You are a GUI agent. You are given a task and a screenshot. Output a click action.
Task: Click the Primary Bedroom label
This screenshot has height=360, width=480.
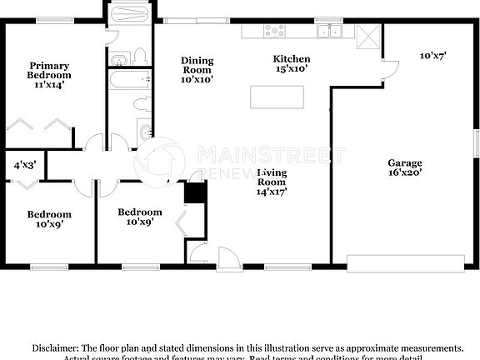49,75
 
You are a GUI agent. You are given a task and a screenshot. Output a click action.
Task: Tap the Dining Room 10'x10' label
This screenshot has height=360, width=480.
197,70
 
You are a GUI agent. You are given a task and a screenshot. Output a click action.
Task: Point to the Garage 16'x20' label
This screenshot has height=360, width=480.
405,167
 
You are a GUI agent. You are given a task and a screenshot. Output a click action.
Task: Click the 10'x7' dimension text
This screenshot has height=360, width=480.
432,56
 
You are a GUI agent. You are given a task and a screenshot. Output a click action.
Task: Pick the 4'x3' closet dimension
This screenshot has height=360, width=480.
24,165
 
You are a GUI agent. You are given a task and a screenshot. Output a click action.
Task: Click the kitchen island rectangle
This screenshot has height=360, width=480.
277,97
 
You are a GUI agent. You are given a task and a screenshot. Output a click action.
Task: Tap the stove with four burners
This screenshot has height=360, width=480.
273,32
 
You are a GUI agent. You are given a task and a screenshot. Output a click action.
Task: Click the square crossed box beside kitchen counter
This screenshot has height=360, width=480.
367,36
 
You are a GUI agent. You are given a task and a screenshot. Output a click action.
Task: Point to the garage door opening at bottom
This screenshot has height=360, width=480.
407,263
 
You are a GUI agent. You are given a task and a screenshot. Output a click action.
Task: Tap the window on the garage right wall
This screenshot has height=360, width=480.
477,144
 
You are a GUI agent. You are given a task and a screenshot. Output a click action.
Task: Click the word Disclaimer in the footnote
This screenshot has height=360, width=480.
56,347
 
